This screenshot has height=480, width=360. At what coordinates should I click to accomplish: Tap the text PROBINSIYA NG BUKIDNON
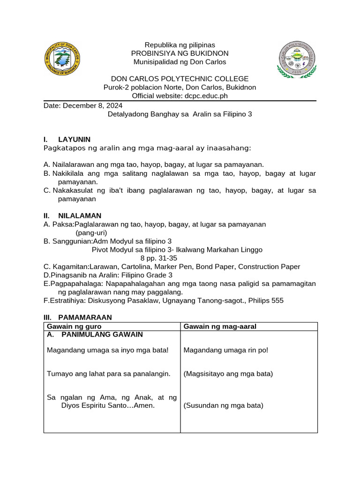pos(180,53)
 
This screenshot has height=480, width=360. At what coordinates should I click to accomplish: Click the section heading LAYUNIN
pos(74,139)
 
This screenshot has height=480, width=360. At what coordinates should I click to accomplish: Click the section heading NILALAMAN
pos(79,216)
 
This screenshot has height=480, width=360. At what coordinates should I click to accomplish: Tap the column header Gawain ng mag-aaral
pos(220,326)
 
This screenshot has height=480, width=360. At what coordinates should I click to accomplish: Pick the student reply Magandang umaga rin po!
pos(226,350)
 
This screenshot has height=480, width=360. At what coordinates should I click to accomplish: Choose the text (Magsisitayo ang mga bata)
pos(228,374)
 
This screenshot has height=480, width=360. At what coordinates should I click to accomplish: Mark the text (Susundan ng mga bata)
pos(224,405)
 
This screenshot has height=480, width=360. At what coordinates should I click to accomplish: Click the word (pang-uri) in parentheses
pos(91,232)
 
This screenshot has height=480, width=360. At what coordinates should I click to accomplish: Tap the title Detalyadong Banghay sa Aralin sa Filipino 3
pos(180,114)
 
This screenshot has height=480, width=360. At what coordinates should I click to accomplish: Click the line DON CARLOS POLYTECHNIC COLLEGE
pos(180,79)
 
